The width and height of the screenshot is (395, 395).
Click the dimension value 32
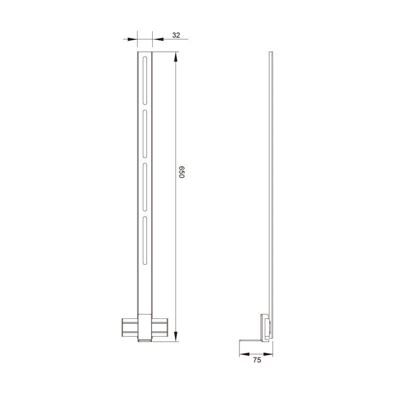click(x=176, y=35)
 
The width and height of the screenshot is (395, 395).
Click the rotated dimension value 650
click(x=181, y=173)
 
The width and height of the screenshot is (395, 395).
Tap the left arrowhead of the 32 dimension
click(x=133, y=39)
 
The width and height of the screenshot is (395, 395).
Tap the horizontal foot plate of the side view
click(x=253, y=341)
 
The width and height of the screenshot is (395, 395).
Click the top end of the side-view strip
click(x=272, y=53)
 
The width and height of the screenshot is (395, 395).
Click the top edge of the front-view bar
click(x=145, y=52)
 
